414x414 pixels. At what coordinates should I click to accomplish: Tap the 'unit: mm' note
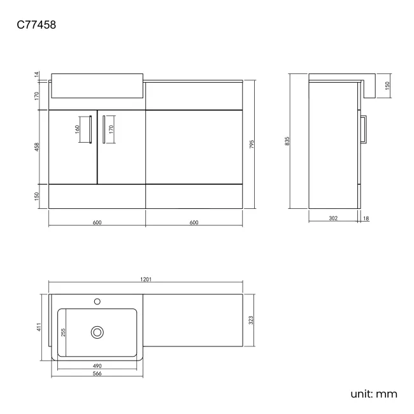(373, 394)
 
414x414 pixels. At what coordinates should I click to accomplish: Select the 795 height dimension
(252, 144)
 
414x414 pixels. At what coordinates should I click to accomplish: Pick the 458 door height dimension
(38, 147)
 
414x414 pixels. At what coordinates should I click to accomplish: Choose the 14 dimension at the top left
(38, 75)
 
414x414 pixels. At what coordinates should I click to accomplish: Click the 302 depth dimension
(333, 218)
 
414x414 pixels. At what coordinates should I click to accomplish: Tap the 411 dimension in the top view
(39, 327)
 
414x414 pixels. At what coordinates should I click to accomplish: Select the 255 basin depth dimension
(64, 332)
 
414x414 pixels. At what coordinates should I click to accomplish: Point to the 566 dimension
(97, 374)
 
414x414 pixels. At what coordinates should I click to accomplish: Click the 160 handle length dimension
(77, 129)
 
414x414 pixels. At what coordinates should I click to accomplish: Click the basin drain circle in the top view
(97, 331)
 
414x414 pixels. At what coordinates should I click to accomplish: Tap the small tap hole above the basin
(97, 301)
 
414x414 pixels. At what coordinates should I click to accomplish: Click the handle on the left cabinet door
(92, 129)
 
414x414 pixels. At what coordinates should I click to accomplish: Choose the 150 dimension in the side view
(387, 85)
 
